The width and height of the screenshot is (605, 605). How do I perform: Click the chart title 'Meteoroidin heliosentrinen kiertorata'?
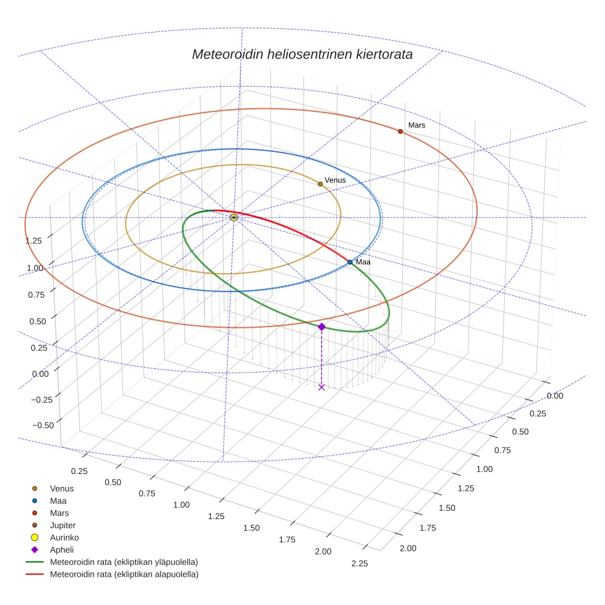302,54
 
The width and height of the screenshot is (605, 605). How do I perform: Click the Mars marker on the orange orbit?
400,132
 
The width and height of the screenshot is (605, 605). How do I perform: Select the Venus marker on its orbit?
320,184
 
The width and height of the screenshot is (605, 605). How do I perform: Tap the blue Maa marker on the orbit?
350,262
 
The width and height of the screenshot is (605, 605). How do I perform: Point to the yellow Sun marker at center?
234,218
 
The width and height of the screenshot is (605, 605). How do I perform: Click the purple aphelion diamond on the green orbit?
322,327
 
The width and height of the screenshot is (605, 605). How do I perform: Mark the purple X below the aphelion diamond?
322,387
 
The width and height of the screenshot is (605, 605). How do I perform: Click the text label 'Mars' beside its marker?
417,125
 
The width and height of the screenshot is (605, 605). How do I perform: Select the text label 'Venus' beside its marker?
335,180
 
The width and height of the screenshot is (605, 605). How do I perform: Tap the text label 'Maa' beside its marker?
363,263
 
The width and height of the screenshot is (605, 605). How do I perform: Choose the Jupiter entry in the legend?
63,525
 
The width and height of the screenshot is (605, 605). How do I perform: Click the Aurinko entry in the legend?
64,537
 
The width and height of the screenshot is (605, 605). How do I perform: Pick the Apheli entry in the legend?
61,550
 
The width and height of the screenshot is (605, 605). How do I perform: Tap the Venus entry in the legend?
61,488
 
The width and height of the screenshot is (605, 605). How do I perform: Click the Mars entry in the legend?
59,513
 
